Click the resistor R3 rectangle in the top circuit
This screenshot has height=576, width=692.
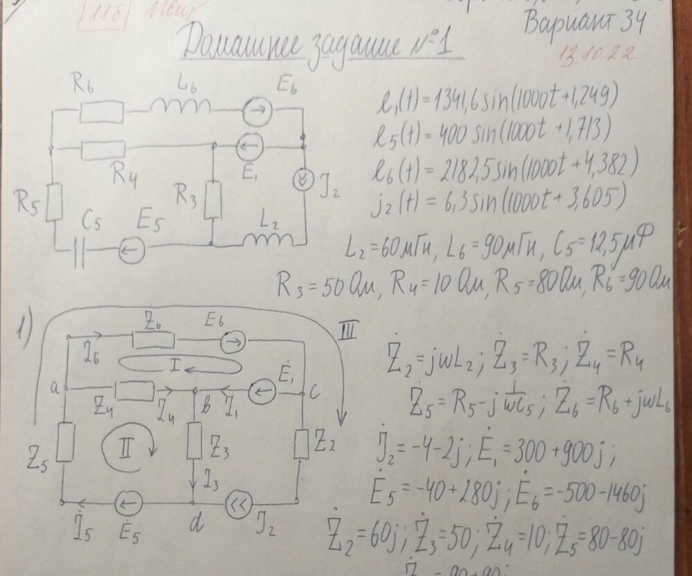point(214,199)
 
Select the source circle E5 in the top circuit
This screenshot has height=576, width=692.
point(130,251)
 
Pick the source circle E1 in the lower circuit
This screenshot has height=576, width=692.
point(262,393)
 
